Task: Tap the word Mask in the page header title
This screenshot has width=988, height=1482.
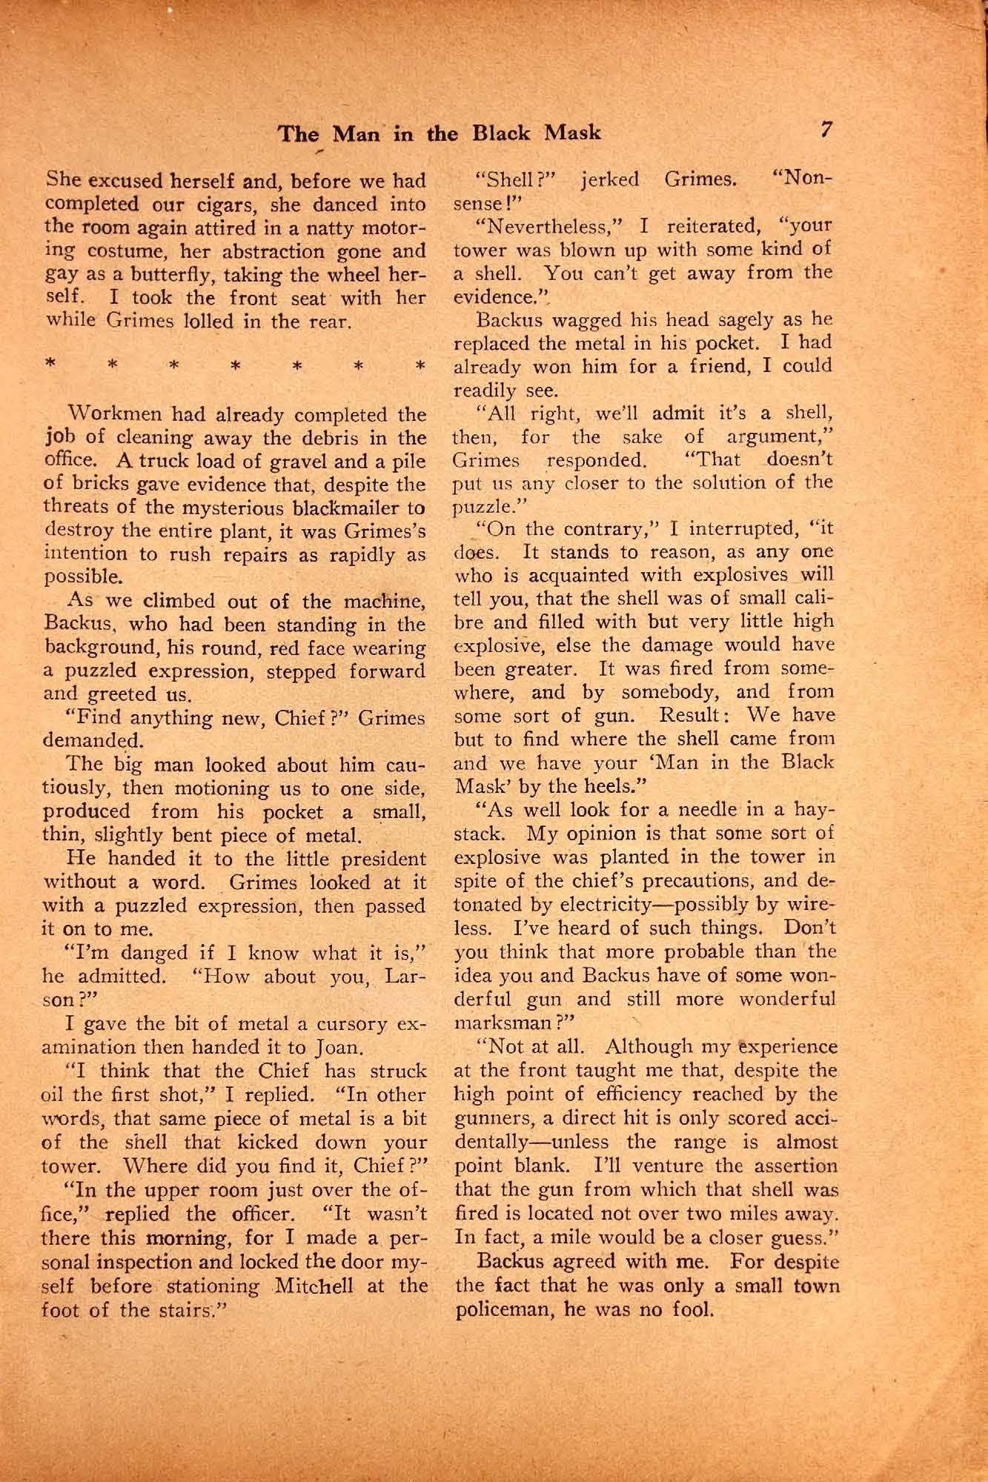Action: [572, 133]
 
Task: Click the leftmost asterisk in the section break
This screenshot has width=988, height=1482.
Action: [50, 365]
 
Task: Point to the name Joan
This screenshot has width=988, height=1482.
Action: [339, 1048]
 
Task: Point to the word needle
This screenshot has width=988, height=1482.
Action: [689, 810]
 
